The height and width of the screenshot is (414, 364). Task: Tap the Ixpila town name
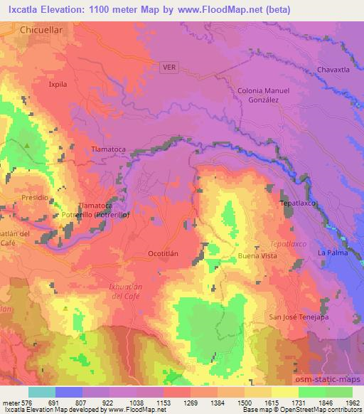(58, 83)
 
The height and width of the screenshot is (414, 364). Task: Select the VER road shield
(169, 67)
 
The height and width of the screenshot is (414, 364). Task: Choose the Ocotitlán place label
(147, 254)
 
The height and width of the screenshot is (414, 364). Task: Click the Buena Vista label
(257, 255)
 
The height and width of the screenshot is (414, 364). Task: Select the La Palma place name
(331, 253)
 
